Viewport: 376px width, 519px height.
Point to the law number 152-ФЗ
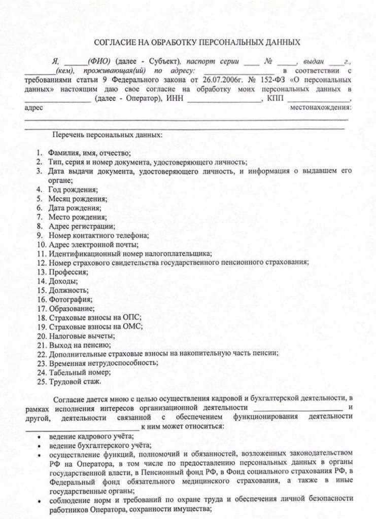(272, 80)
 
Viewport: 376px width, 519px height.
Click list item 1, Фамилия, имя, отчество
(90, 153)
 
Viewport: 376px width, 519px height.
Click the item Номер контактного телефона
(91, 235)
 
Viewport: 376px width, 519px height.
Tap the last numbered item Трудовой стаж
(75, 381)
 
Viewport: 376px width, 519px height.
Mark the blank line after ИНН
(224, 99)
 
